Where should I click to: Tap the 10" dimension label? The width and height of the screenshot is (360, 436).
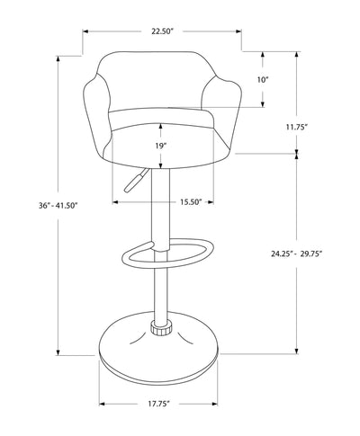[262, 80]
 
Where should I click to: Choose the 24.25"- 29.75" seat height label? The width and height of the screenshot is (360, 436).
[297, 253]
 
